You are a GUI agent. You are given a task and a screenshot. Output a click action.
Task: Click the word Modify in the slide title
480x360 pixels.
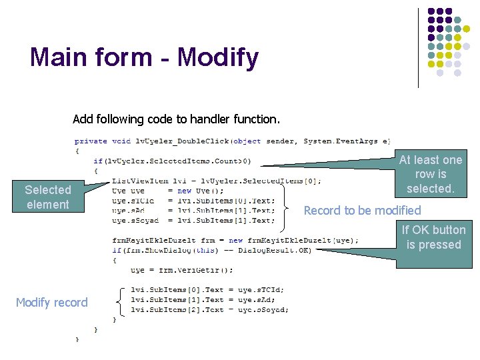coord(218,58)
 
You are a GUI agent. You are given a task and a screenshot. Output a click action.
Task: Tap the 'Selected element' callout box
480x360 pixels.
coord(47,197)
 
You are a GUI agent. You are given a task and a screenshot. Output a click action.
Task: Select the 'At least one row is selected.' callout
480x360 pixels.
coord(430,174)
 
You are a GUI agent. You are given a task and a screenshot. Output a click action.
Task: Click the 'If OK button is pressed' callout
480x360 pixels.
coord(434,237)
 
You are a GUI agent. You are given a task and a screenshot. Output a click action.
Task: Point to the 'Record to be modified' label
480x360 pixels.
coord(362,211)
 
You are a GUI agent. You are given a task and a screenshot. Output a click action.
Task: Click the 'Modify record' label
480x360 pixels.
coord(52,303)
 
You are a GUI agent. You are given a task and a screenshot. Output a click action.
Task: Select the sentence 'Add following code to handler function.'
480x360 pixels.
coord(176,120)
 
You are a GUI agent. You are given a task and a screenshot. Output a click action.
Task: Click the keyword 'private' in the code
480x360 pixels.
coord(91,141)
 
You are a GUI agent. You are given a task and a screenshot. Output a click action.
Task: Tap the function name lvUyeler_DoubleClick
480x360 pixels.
coord(181,141)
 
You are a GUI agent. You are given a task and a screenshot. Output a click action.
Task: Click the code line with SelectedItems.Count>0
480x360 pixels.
coord(172,161)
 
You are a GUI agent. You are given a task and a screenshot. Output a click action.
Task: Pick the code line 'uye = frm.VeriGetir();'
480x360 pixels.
coord(181,270)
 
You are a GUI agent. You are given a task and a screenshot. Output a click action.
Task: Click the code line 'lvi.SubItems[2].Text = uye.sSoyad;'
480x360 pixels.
coord(209,310)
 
